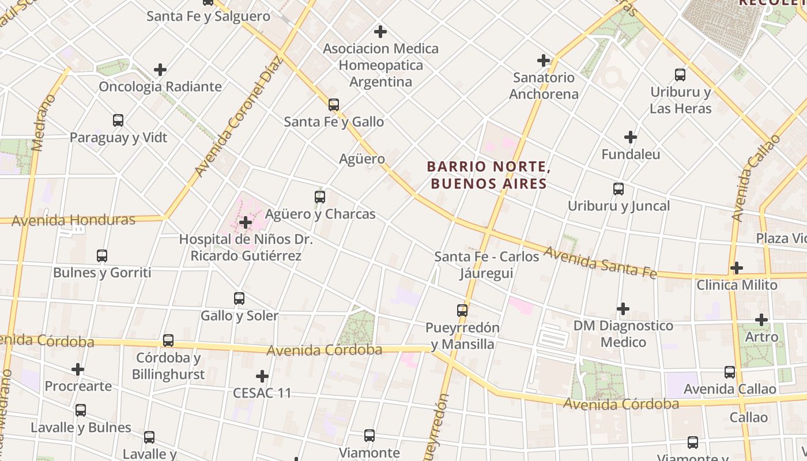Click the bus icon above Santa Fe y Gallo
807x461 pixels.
tap(334, 105)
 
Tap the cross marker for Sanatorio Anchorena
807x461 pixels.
tap(543, 60)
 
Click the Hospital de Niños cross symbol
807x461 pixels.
tap(246, 222)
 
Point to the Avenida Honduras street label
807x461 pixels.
tap(73, 220)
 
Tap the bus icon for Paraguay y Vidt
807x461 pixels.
tap(118, 120)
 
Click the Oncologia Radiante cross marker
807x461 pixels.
tap(160, 70)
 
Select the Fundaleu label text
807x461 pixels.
tap(631, 154)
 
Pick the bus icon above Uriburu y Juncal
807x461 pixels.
tap(619, 189)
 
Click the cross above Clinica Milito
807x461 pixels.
tap(736, 268)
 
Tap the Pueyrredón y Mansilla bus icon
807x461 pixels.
tap(462, 311)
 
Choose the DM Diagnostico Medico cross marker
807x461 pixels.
tap(623, 309)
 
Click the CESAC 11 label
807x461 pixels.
tap(262, 393)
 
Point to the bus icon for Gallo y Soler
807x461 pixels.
tap(239, 298)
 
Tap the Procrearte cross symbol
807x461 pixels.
tap(78, 369)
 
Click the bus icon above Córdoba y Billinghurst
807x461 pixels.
tap(168, 341)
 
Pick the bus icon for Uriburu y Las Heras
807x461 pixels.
tap(680, 75)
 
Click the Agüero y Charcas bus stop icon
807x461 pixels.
tap(320, 197)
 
